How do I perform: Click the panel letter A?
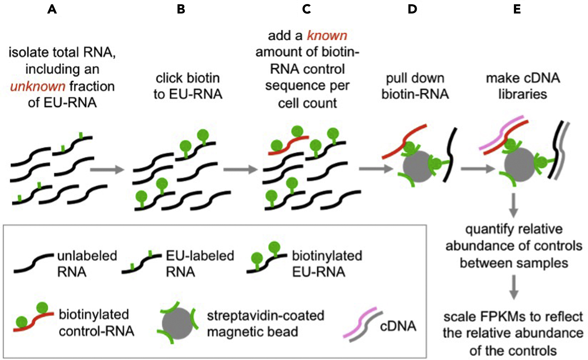click(x=52, y=10)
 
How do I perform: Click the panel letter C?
click(x=307, y=10)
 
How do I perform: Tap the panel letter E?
click(x=517, y=10)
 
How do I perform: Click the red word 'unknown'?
click(x=38, y=86)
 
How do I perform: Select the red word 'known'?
click(x=327, y=35)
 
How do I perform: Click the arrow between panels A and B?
click(x=107, y=169)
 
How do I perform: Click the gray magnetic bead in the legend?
click(x=177, y=323)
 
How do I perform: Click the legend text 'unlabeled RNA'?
click(x=87, y=264)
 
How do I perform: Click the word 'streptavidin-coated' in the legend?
click(x=266, y=316)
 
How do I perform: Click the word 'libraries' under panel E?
click(x=522, y=94)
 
